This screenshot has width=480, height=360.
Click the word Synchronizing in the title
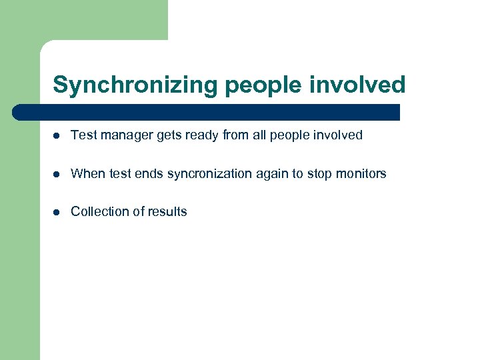(135, 85)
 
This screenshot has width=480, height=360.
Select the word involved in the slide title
(360, 85)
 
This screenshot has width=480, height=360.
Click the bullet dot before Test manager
(57, 135)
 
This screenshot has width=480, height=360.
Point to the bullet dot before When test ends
(57, 174)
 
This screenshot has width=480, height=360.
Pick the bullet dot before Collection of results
(57, 212)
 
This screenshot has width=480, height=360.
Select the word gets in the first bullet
(168, 135)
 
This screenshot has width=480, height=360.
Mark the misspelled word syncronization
(211, 173)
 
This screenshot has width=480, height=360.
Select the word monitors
(361, 173)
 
